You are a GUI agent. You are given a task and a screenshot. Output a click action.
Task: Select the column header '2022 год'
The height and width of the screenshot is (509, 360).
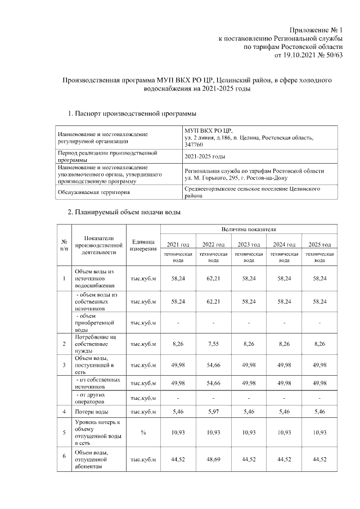click(213, 244)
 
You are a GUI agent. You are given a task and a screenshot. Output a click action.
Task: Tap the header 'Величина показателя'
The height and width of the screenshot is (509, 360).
click(249, 230)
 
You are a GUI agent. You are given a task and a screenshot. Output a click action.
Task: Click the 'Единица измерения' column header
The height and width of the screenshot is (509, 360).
click(143, 245)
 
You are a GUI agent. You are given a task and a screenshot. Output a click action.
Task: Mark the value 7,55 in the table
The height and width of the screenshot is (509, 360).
click(213, 344)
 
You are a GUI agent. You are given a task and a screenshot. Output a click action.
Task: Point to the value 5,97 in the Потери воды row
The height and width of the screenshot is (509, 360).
click(213, 412)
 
